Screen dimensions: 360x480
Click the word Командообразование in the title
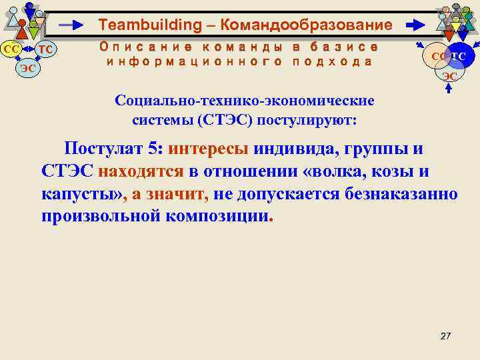pos(306,25)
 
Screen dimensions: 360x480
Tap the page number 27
pos(446,335)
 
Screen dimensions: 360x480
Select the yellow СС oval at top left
pos(11,49)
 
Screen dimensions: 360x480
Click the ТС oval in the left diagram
pos(45,49)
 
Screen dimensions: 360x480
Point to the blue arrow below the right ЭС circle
pos(448,89)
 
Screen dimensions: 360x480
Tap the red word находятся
pos(141,171)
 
